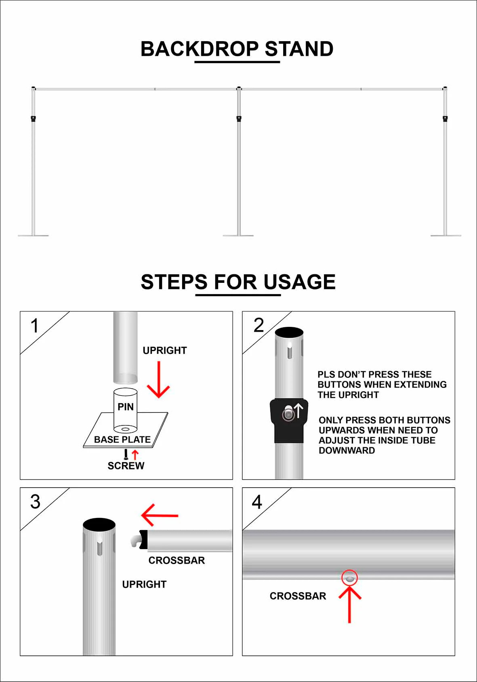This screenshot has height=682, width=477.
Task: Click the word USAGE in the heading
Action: [299, 282]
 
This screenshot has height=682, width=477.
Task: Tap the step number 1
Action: [35, 326]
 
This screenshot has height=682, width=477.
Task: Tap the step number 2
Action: [258, 325]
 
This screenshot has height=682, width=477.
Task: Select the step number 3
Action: [36, 502]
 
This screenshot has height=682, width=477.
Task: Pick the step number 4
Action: [257, 502]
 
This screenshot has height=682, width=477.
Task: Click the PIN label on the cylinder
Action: [126, 407]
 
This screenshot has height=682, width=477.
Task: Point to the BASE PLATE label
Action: [122, 440]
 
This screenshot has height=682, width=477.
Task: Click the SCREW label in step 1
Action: [126, 466]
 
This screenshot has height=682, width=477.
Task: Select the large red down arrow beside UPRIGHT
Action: [158, 380]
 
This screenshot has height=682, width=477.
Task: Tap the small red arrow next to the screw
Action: [135, 455]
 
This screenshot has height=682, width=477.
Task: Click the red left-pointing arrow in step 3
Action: [160, 515]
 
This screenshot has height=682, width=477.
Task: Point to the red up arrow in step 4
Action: [349, 604]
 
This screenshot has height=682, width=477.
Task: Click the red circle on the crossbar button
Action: [349, 578]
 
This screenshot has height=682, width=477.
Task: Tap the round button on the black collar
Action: [288, 414]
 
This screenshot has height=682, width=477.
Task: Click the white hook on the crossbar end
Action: [135, 540]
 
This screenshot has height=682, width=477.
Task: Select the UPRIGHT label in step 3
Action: [144, 584]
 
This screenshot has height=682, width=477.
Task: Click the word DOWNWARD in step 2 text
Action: [347, 450]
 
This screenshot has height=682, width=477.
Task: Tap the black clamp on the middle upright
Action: [239, 118]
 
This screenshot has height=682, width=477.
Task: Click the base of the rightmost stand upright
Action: [445, 235]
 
